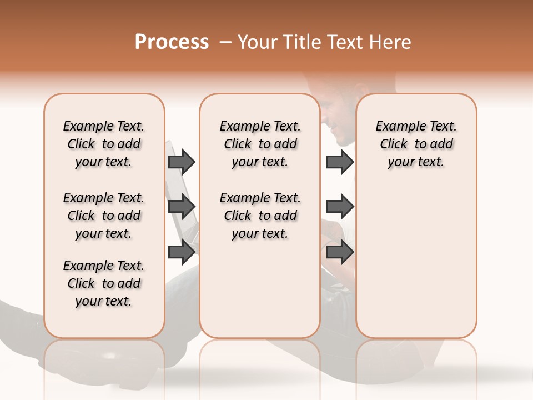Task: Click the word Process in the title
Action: (172, 42)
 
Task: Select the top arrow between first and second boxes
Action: (182, 162)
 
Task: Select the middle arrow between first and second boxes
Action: (182, 207)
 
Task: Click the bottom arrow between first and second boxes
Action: (182, 252)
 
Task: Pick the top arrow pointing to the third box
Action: (340, 162)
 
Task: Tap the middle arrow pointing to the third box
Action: (340, 207)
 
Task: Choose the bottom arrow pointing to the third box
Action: (340, 252)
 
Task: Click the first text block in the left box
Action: (104, 144)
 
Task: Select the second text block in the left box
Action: (104, 216)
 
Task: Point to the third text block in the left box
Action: (104, 283)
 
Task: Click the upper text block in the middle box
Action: (260, 144)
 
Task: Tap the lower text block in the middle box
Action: (260, 216)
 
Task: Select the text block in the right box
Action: (416, 144)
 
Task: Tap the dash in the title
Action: (225, 42)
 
